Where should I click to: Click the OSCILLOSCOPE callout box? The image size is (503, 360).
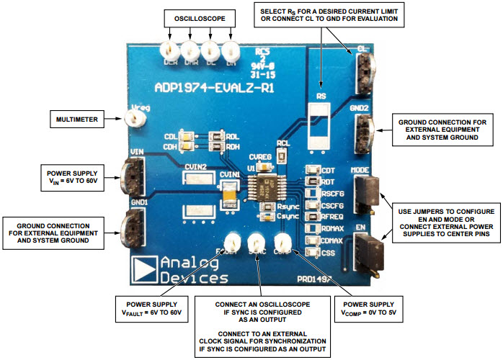[x=198, y=16]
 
